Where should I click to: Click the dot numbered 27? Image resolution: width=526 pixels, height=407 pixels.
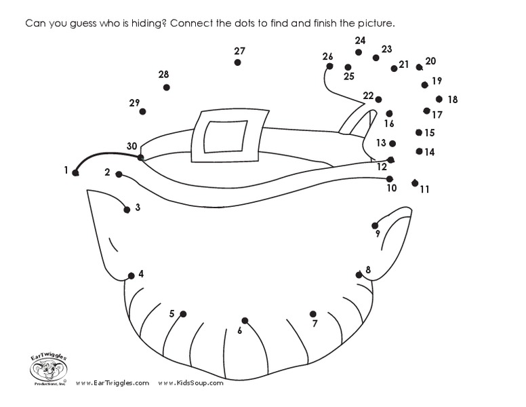tap(237, 62)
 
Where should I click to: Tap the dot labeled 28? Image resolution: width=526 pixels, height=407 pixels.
tap(166, 88)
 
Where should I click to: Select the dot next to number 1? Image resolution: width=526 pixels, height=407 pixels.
tap(76, 173)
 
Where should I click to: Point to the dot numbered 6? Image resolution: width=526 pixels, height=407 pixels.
tap(245, 320)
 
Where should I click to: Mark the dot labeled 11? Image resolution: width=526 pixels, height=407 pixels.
tap(415, 182)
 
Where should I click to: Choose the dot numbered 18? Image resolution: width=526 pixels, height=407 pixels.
tap(439, 99)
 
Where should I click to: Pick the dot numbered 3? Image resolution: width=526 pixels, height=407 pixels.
tap(127, 210)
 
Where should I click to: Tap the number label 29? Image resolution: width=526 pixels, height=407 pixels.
tap(134, 103)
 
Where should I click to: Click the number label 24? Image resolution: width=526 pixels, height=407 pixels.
tap(360, 41)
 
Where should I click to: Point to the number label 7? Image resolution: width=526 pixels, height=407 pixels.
tap(315, 324)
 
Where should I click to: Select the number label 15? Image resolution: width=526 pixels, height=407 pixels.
tap(430, 133)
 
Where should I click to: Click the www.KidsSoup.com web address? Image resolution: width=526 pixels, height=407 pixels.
tap(190, 383)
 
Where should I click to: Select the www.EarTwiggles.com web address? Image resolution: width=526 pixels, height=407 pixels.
tap(113, 383)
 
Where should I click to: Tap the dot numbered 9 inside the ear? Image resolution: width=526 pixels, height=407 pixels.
tap(375, 225)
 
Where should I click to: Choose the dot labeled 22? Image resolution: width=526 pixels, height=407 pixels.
tap(378, 100)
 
